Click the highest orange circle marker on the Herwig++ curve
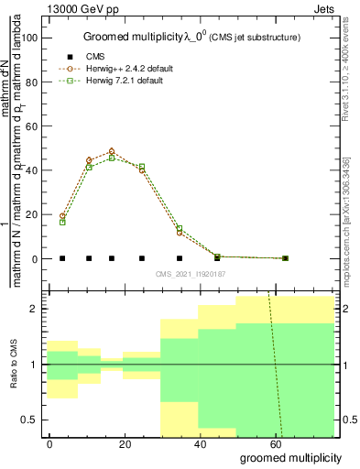(x=112, y=151)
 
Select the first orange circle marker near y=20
(x=62, y=216)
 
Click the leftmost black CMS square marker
(x=62, y=258)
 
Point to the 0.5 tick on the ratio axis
(x=32, y=420)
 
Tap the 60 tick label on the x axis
(x=275, y=442)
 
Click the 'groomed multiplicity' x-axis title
(x=290, y=457)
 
